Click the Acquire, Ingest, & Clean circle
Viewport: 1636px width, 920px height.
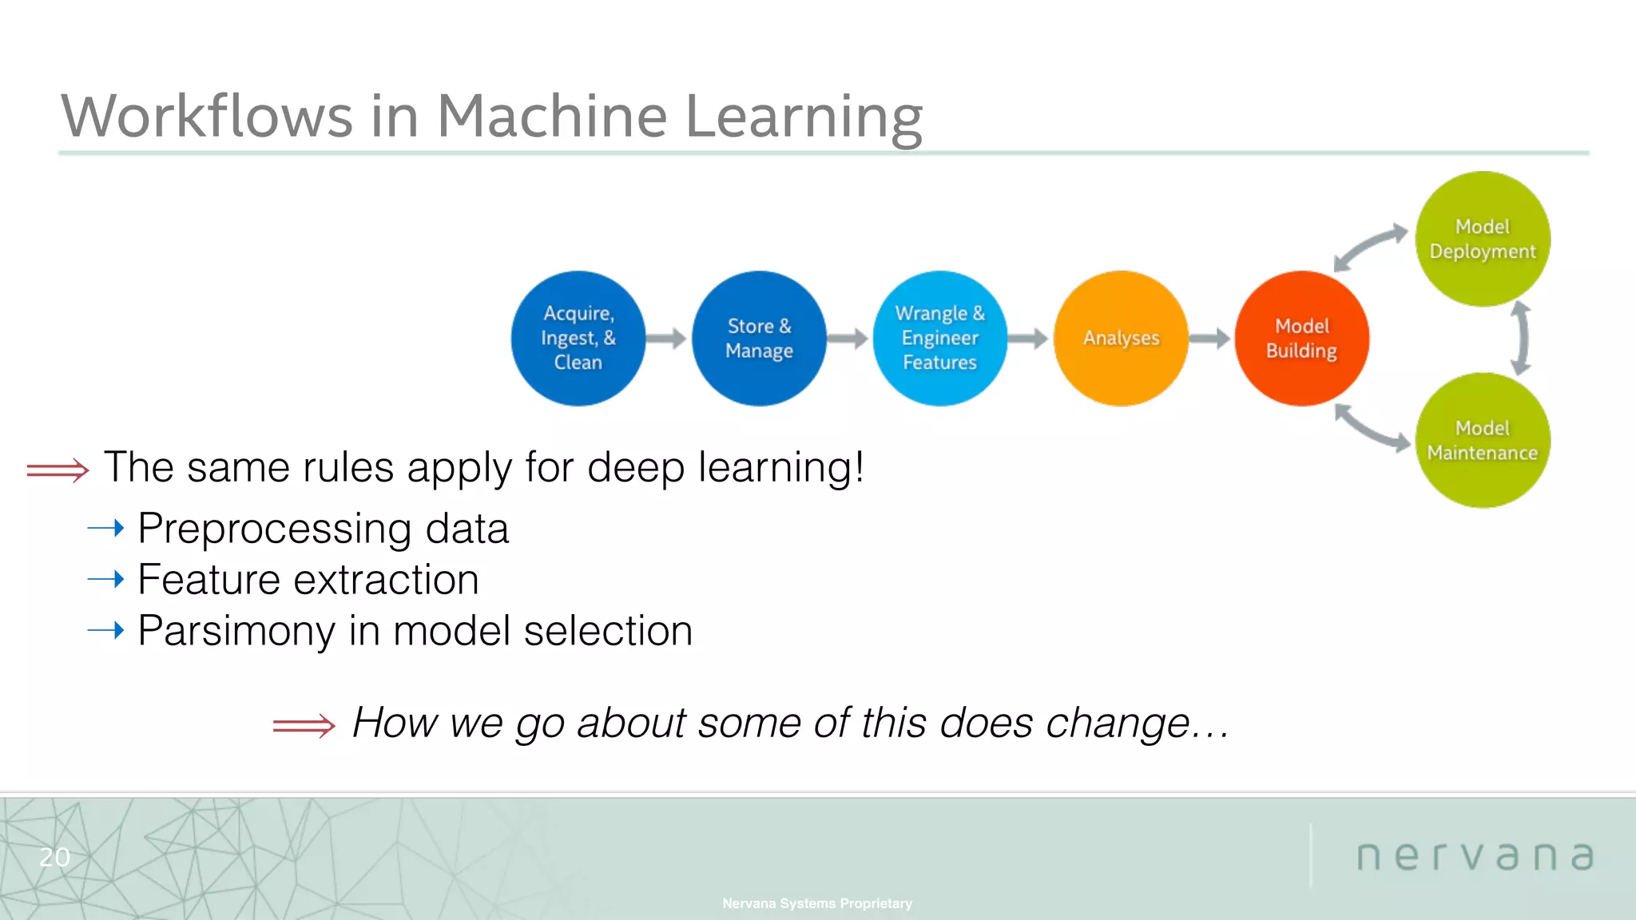[x=578, y=338]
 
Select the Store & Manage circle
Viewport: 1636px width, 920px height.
[x=759, y=338]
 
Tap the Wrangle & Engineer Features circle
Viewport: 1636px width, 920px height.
[x=940, y=338]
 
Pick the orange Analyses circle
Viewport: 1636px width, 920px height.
[x=1121, y=338]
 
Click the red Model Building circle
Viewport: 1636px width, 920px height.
[x=1302, y=338]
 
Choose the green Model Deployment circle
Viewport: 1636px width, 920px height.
[x=1483, y=239]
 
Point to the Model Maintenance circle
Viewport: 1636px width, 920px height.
[x=1483, y=440]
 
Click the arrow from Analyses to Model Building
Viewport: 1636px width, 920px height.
[x=1209, y=339]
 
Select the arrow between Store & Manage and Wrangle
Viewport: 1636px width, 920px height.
[x=848, y=339]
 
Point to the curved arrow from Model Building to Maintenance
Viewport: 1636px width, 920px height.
[x=1371, y=428]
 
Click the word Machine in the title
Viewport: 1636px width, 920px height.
[x=551, y=117]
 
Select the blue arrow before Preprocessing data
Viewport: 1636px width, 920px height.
[x=106, y=528]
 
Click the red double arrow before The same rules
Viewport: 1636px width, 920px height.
[x=58, y=470]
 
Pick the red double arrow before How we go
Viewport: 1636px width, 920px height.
[x=304, y=725]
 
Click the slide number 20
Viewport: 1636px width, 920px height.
[x=54, y=857]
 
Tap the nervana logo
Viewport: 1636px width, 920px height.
[x=1475, y=856]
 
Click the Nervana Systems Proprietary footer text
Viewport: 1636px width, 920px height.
[x=816, y=903]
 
